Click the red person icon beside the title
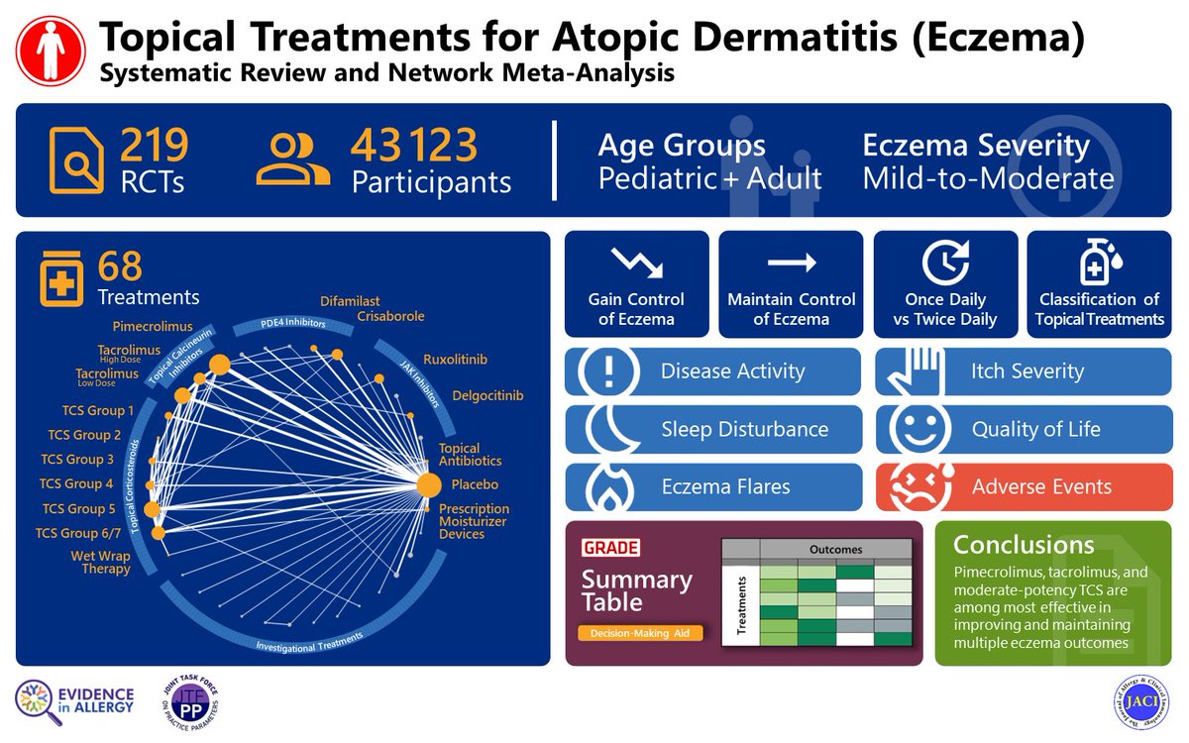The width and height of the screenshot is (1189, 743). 51,53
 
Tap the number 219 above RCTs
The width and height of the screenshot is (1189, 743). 154,145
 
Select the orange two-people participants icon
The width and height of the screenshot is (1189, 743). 292,161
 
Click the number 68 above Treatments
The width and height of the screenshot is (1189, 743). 120,266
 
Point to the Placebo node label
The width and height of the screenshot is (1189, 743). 475,485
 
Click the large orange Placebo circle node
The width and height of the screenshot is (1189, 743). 428,485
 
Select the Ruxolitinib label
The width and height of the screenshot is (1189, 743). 455,359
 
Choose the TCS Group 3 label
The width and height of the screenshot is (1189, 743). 77,460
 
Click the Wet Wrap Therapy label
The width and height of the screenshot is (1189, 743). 100,562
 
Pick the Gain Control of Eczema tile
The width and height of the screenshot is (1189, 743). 636,284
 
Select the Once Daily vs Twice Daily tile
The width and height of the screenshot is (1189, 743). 945,284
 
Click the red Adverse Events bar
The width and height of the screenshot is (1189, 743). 1024,486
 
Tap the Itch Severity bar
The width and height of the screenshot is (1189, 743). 1024,371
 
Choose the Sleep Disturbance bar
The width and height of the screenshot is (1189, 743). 713,429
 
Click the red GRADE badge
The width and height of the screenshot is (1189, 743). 610,548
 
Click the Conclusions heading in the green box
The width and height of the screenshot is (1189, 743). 1024,544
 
